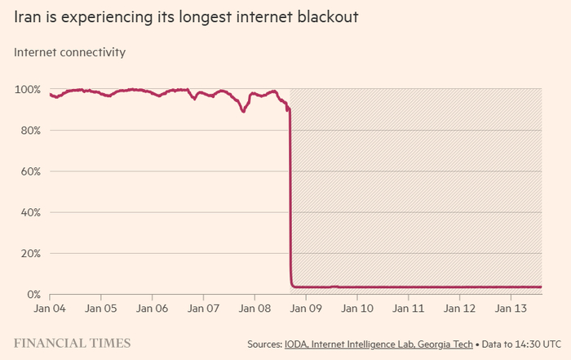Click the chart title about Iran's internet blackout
(186, 16)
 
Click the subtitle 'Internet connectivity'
(70, 52)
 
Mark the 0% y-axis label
(33, 294)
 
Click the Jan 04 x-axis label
(50, 309)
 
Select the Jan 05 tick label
(100, 309)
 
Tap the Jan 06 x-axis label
(152, 309)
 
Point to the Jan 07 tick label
(203, 309)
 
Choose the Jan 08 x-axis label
(255, 309)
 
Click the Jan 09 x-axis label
(306, 309)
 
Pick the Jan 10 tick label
(357, 309)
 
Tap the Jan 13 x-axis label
(511, 309)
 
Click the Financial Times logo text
(71, 343)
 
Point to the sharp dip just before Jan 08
(243, 111)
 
